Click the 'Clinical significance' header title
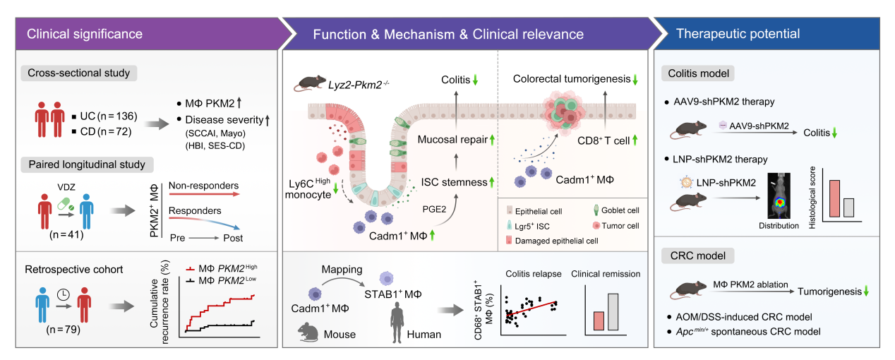[85, 33]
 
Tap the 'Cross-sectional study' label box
[78, 73]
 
